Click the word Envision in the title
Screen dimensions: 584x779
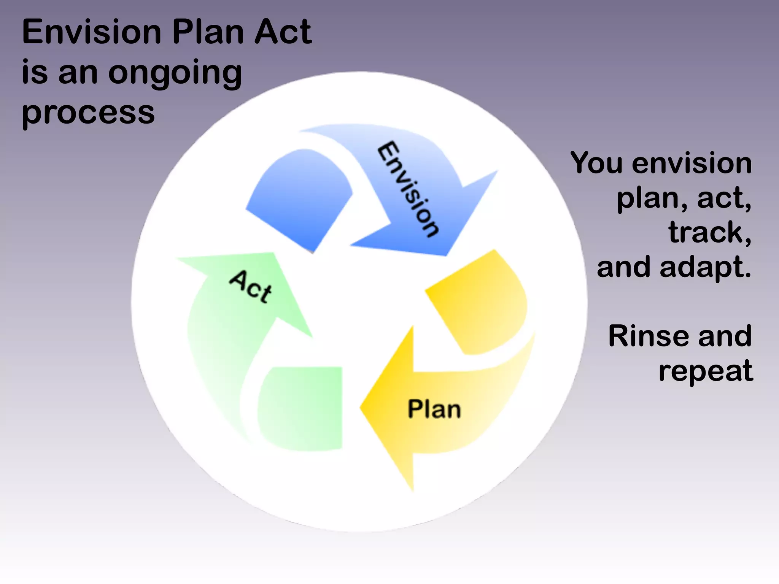(x=92, y=32)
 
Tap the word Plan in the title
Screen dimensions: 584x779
(x=208, y=32)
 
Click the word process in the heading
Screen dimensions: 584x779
(x=88, y=113)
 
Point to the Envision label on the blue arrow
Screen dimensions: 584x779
(x=409, y=189)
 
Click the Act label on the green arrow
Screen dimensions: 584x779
(x=251, y=287)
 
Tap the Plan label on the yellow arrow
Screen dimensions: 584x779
(x=434, y=409)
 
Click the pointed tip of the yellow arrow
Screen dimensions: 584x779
(x=363, y=408)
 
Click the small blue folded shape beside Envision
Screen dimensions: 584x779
(x=300, y=198)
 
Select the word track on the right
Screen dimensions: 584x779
(x=706, y=233)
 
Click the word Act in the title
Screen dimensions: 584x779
(x=283, y=32)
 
